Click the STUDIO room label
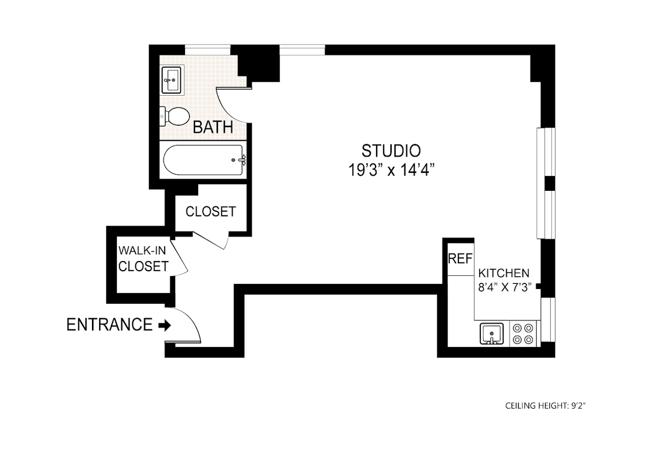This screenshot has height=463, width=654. [391, 150]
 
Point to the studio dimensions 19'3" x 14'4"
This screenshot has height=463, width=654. [391, 170]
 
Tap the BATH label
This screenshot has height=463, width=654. [213, 127]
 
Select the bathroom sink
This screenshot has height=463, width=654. [172, 81]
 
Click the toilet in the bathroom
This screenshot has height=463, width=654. [175, 117]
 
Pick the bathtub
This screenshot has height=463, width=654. [203, 161]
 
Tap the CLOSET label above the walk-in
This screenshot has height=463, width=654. [211, 211]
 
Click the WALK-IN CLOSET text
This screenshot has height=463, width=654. [143, 258]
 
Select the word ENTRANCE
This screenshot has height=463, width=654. [109, 324]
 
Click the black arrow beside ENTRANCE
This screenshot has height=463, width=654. [164, 325]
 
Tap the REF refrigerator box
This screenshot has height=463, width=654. [460, 258]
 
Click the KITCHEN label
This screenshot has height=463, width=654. [503, 273]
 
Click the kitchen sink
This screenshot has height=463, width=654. [492, 334]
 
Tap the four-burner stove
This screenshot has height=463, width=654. [523, 334]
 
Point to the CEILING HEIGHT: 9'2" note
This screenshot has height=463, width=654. [545, 406]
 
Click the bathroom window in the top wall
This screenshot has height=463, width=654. [207, 50]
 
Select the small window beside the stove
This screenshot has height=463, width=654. [547, 320]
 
